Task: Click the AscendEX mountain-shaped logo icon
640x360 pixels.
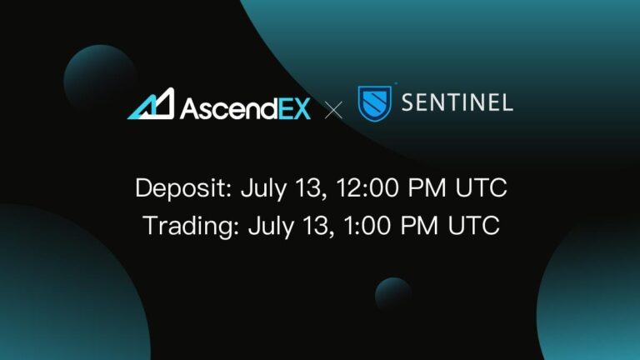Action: [151, 103]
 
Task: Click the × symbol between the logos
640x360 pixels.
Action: [333, 108]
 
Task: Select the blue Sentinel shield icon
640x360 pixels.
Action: [374, 103]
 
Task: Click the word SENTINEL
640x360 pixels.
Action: [457, 103]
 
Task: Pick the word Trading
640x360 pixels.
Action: [187, 226]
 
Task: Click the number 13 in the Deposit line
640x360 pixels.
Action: [306, 187]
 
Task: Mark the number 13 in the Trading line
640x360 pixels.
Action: [313, 225]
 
